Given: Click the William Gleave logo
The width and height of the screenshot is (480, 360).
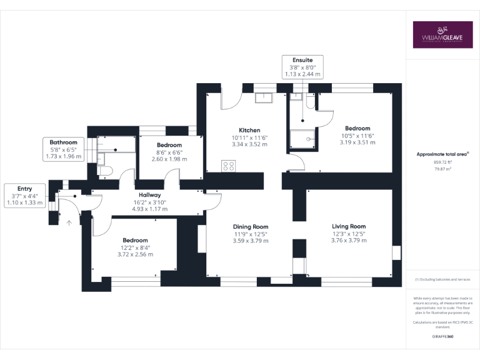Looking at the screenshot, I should tap(442, 35).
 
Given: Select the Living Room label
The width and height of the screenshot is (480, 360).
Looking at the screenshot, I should tap(348, 226).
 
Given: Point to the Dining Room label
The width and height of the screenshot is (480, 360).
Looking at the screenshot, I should tap(251, 226).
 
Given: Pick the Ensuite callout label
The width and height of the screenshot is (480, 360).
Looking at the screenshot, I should tap(302, 60).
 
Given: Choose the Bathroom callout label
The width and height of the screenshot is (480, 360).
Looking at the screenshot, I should tap(64, 142).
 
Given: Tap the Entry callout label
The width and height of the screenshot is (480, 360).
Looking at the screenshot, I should tap(24, 188).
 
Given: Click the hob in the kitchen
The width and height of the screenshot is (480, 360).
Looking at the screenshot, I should tap(229, 166).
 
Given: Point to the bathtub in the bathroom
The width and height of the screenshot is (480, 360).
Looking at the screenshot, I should tap(116, 145).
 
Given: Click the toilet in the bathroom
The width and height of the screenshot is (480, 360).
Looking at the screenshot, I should tap(104, 171).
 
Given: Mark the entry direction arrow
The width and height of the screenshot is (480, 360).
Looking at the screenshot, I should tap(69, 221).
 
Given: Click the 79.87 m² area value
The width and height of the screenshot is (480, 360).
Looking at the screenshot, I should tap(442, 167).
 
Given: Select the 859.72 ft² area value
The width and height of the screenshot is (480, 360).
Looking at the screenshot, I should tap(442, 161).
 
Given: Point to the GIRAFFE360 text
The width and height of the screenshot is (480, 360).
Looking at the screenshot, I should tap(442, 337).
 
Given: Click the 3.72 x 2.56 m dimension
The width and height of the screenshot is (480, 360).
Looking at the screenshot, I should tap(136, 254).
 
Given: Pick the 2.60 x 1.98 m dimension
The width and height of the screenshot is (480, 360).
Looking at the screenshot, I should tap(169, 159).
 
